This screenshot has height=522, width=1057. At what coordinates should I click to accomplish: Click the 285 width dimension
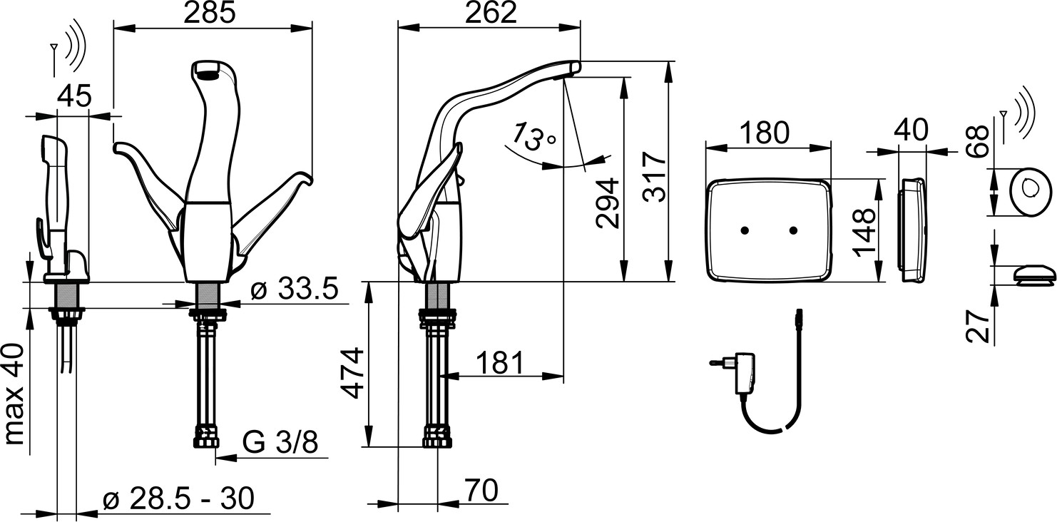209,13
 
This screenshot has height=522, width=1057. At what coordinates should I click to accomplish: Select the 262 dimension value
491,13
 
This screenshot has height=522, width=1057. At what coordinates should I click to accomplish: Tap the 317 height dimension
655,177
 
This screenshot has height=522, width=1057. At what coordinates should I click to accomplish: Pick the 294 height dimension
607,203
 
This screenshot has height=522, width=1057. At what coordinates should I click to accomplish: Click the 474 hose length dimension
353,374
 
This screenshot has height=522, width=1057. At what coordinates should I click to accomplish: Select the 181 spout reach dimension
500,362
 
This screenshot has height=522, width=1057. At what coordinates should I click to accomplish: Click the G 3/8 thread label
280,442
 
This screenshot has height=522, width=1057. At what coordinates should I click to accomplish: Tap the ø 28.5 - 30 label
179,498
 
